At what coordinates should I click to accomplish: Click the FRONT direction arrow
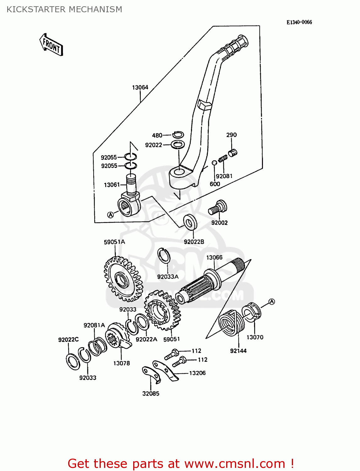pos(51,45)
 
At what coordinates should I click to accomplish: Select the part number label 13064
pos(140,87)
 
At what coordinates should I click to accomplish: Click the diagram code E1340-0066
pos(299,22)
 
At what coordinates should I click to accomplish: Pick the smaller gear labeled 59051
pos(162,310)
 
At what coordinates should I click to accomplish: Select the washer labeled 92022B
pos(190,222)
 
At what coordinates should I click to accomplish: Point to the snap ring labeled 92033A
pos(164,255)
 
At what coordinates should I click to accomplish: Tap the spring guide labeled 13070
pos(252,312)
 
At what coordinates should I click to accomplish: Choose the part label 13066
pos(214,257)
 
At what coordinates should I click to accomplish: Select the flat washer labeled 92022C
pos(74,361)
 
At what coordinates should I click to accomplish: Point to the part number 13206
pos(197,373)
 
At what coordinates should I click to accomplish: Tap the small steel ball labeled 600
pos(214,163)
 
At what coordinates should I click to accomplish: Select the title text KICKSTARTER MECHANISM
pos(64,9)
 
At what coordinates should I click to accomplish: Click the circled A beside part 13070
pos(272,301)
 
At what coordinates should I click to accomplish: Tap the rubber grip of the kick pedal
pos(236,47)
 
